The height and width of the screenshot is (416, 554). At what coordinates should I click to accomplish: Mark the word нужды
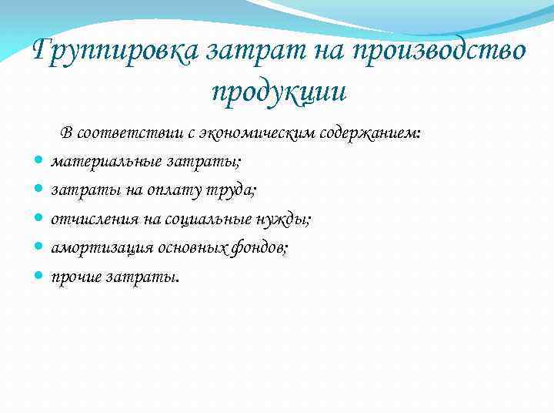tap(284, 220)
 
